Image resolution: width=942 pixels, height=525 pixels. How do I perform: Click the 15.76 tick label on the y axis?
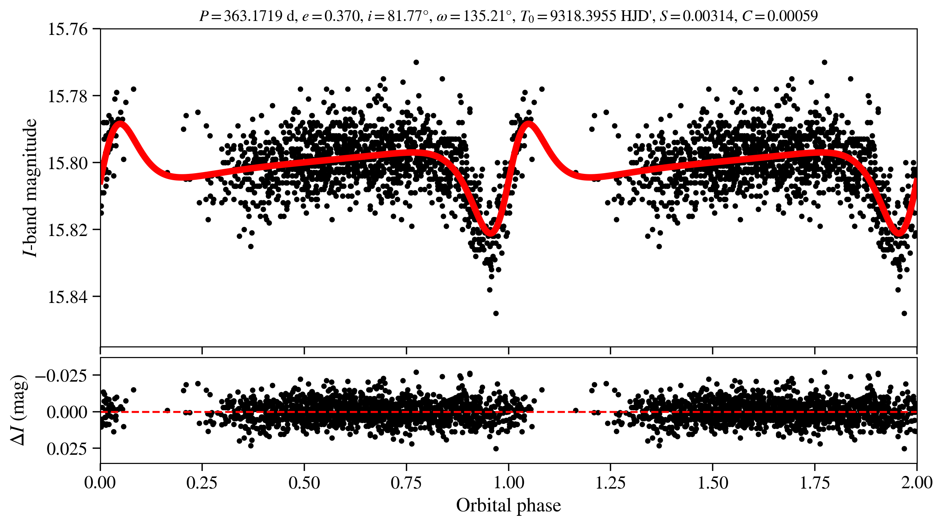coord(68,29)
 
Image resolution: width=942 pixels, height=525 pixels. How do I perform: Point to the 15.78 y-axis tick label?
coord(68,96)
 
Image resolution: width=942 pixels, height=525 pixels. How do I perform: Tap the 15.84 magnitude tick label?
coord(68,297)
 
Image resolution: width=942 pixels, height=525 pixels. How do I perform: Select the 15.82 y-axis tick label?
coord(68,230)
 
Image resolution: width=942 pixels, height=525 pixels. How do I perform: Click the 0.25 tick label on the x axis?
coord(202,483)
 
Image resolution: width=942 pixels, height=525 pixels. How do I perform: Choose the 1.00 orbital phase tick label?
coord(508,483)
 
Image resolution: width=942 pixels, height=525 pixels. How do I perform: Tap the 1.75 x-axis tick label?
coord(815,483)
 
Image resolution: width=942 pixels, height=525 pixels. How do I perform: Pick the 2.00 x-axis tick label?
coord(917,483)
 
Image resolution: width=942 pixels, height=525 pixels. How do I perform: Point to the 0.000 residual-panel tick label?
coord(67,412)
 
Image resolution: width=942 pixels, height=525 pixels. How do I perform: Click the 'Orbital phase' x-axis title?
coord(508,506)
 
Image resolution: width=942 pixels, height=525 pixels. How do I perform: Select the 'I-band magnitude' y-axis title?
coord(30,187)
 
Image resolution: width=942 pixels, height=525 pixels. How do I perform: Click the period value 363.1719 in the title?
coord(253,16)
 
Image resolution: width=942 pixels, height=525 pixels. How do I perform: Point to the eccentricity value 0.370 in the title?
coord(342,16)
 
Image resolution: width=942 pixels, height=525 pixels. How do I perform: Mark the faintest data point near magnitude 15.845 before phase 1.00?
coord(496,313)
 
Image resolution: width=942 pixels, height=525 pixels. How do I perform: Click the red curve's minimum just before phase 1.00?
coord(490,233)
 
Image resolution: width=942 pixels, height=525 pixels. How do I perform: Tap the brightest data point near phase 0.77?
coord(416,62)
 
